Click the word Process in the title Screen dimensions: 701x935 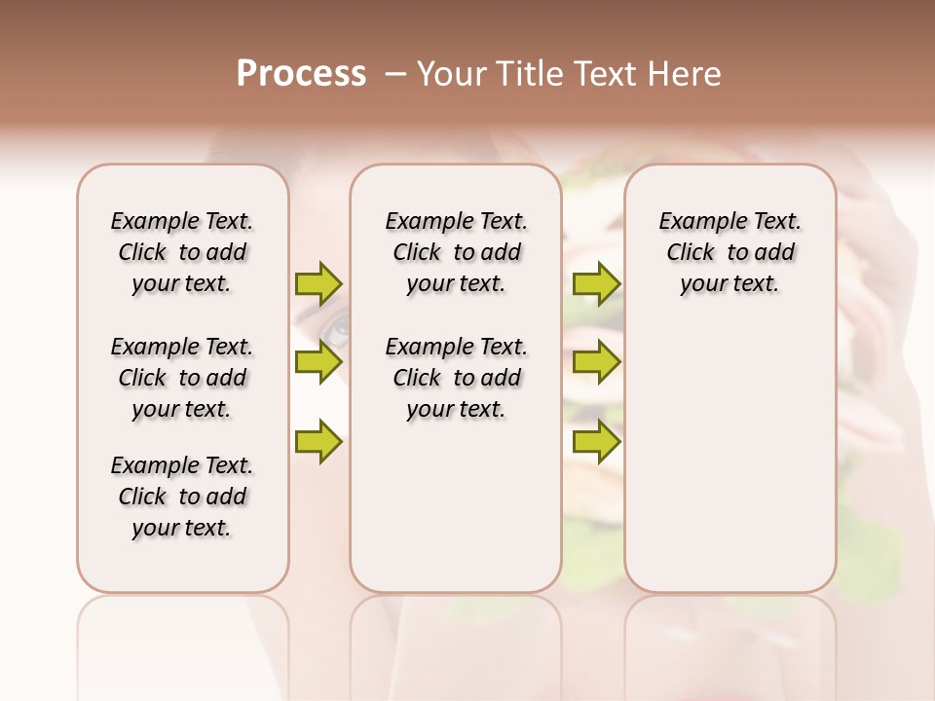point(301,74)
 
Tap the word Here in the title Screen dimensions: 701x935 point(686,74)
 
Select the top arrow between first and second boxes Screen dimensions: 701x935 point(318,284)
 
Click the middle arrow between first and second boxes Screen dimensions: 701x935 point(318,362)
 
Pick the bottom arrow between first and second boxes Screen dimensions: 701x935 point(318,442)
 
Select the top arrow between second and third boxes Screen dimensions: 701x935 point(596,284)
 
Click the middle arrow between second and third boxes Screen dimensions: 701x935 point(596,362)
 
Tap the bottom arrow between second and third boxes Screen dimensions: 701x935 point(596,442)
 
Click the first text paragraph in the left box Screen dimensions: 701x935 point(182,252)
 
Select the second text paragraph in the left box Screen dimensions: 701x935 point(182,378)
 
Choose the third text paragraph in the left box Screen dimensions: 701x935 point(182,497)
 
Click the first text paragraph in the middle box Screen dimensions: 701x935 point(457,252)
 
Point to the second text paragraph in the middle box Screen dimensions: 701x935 point(457,378)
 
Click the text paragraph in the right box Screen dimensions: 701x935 point(730,252)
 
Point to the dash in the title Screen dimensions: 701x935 point(394,74)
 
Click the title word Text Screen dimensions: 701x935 point(604,74)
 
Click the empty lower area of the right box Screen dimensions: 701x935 point(730,458)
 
